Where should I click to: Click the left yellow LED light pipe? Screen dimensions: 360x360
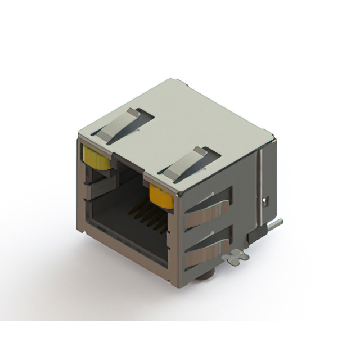tap(96, 157)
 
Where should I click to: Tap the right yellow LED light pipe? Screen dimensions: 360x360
tap(161, 197)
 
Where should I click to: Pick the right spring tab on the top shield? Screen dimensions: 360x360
tap(189, 164)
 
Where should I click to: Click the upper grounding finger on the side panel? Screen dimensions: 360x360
tap(208, 208)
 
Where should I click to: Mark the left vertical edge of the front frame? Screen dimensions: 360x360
tap(80, 186)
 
